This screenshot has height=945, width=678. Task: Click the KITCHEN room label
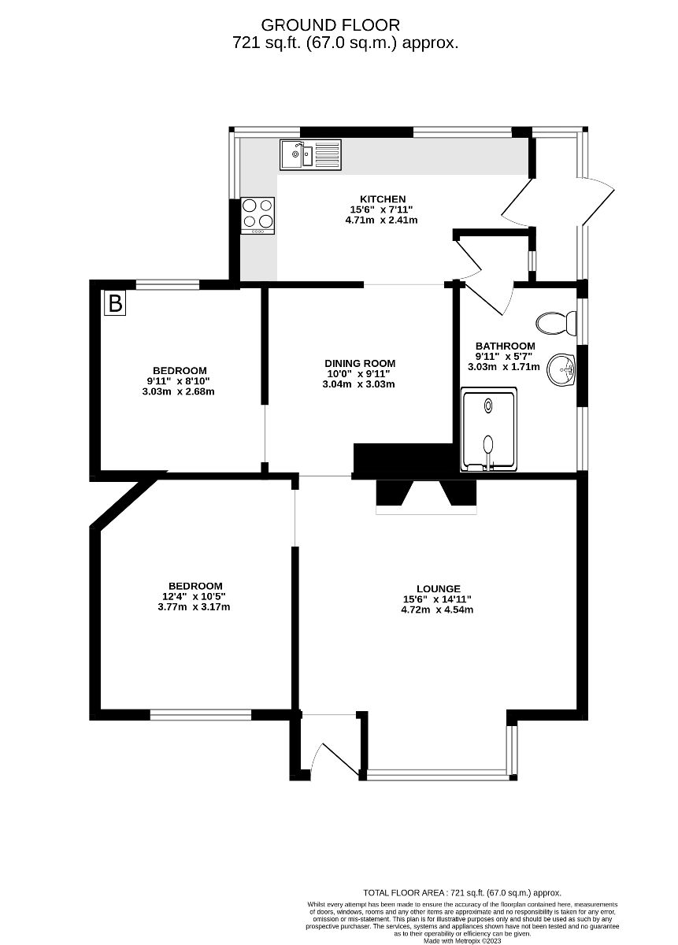point(383,198)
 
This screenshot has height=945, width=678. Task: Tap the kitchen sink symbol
point(309,154)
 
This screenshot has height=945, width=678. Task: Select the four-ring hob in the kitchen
point(258,215)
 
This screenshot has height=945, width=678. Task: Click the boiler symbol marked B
point(115,303)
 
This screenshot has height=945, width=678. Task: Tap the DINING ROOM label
point(360,363)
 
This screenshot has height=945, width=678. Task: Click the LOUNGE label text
point(438,588)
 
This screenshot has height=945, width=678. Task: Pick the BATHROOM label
point(505,346)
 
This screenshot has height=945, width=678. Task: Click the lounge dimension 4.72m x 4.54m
point(438,610)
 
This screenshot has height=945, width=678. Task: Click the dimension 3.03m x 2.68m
point(180,391)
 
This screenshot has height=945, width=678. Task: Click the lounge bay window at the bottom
point(441,775)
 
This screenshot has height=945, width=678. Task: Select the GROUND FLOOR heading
point(331,25)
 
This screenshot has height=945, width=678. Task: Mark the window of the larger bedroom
point(201,715)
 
